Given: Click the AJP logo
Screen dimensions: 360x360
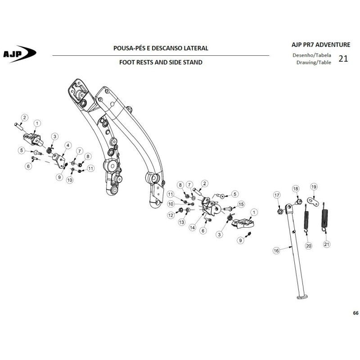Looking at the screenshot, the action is coord(19,54).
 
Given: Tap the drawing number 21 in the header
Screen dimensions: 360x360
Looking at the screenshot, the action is coord(343,58).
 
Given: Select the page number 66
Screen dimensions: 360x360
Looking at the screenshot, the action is coord(355,313).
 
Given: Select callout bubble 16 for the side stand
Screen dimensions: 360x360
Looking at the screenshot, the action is coord(276,251).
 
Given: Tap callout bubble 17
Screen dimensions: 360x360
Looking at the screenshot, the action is coord(277,195).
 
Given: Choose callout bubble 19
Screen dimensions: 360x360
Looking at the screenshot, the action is coord(314,187).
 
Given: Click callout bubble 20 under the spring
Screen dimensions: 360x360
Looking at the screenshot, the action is coord(309,246).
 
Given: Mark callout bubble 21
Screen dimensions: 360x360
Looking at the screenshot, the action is coord(327,244).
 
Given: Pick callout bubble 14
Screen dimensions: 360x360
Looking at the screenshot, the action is coord(192,228).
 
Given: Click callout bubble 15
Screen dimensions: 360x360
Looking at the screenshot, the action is coord(241,204).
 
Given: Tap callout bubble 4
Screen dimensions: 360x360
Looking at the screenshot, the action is coord(68,145).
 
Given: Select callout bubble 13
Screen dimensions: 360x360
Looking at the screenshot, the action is coord(182,222).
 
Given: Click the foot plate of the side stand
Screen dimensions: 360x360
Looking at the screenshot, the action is coord(302,297).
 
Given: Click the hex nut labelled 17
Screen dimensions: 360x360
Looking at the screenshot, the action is coord(280,211).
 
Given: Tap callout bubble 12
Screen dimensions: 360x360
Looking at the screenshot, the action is coord(171,216).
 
